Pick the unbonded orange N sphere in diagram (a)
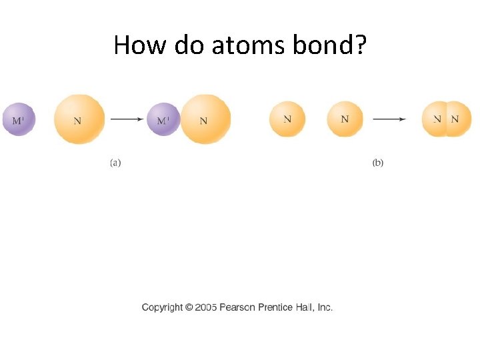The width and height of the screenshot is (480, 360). point(79,120)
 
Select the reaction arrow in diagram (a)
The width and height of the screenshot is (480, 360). point(127,119)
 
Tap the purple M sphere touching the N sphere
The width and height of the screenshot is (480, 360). point(163,120)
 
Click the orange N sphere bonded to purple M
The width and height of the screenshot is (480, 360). point(206,120)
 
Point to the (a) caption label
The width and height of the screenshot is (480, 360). point(115,162)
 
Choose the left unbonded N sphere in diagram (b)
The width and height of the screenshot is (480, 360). point(287,119)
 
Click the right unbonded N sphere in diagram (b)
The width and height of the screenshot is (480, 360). point(345,119)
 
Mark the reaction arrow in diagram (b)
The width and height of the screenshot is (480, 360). point(389,119)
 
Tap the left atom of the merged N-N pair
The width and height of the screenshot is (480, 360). point(435,119)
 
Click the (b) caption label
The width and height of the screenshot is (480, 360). point(378,162)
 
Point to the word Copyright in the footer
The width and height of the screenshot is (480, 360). point(162,307)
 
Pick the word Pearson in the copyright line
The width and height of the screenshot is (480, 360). point(239,307)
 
